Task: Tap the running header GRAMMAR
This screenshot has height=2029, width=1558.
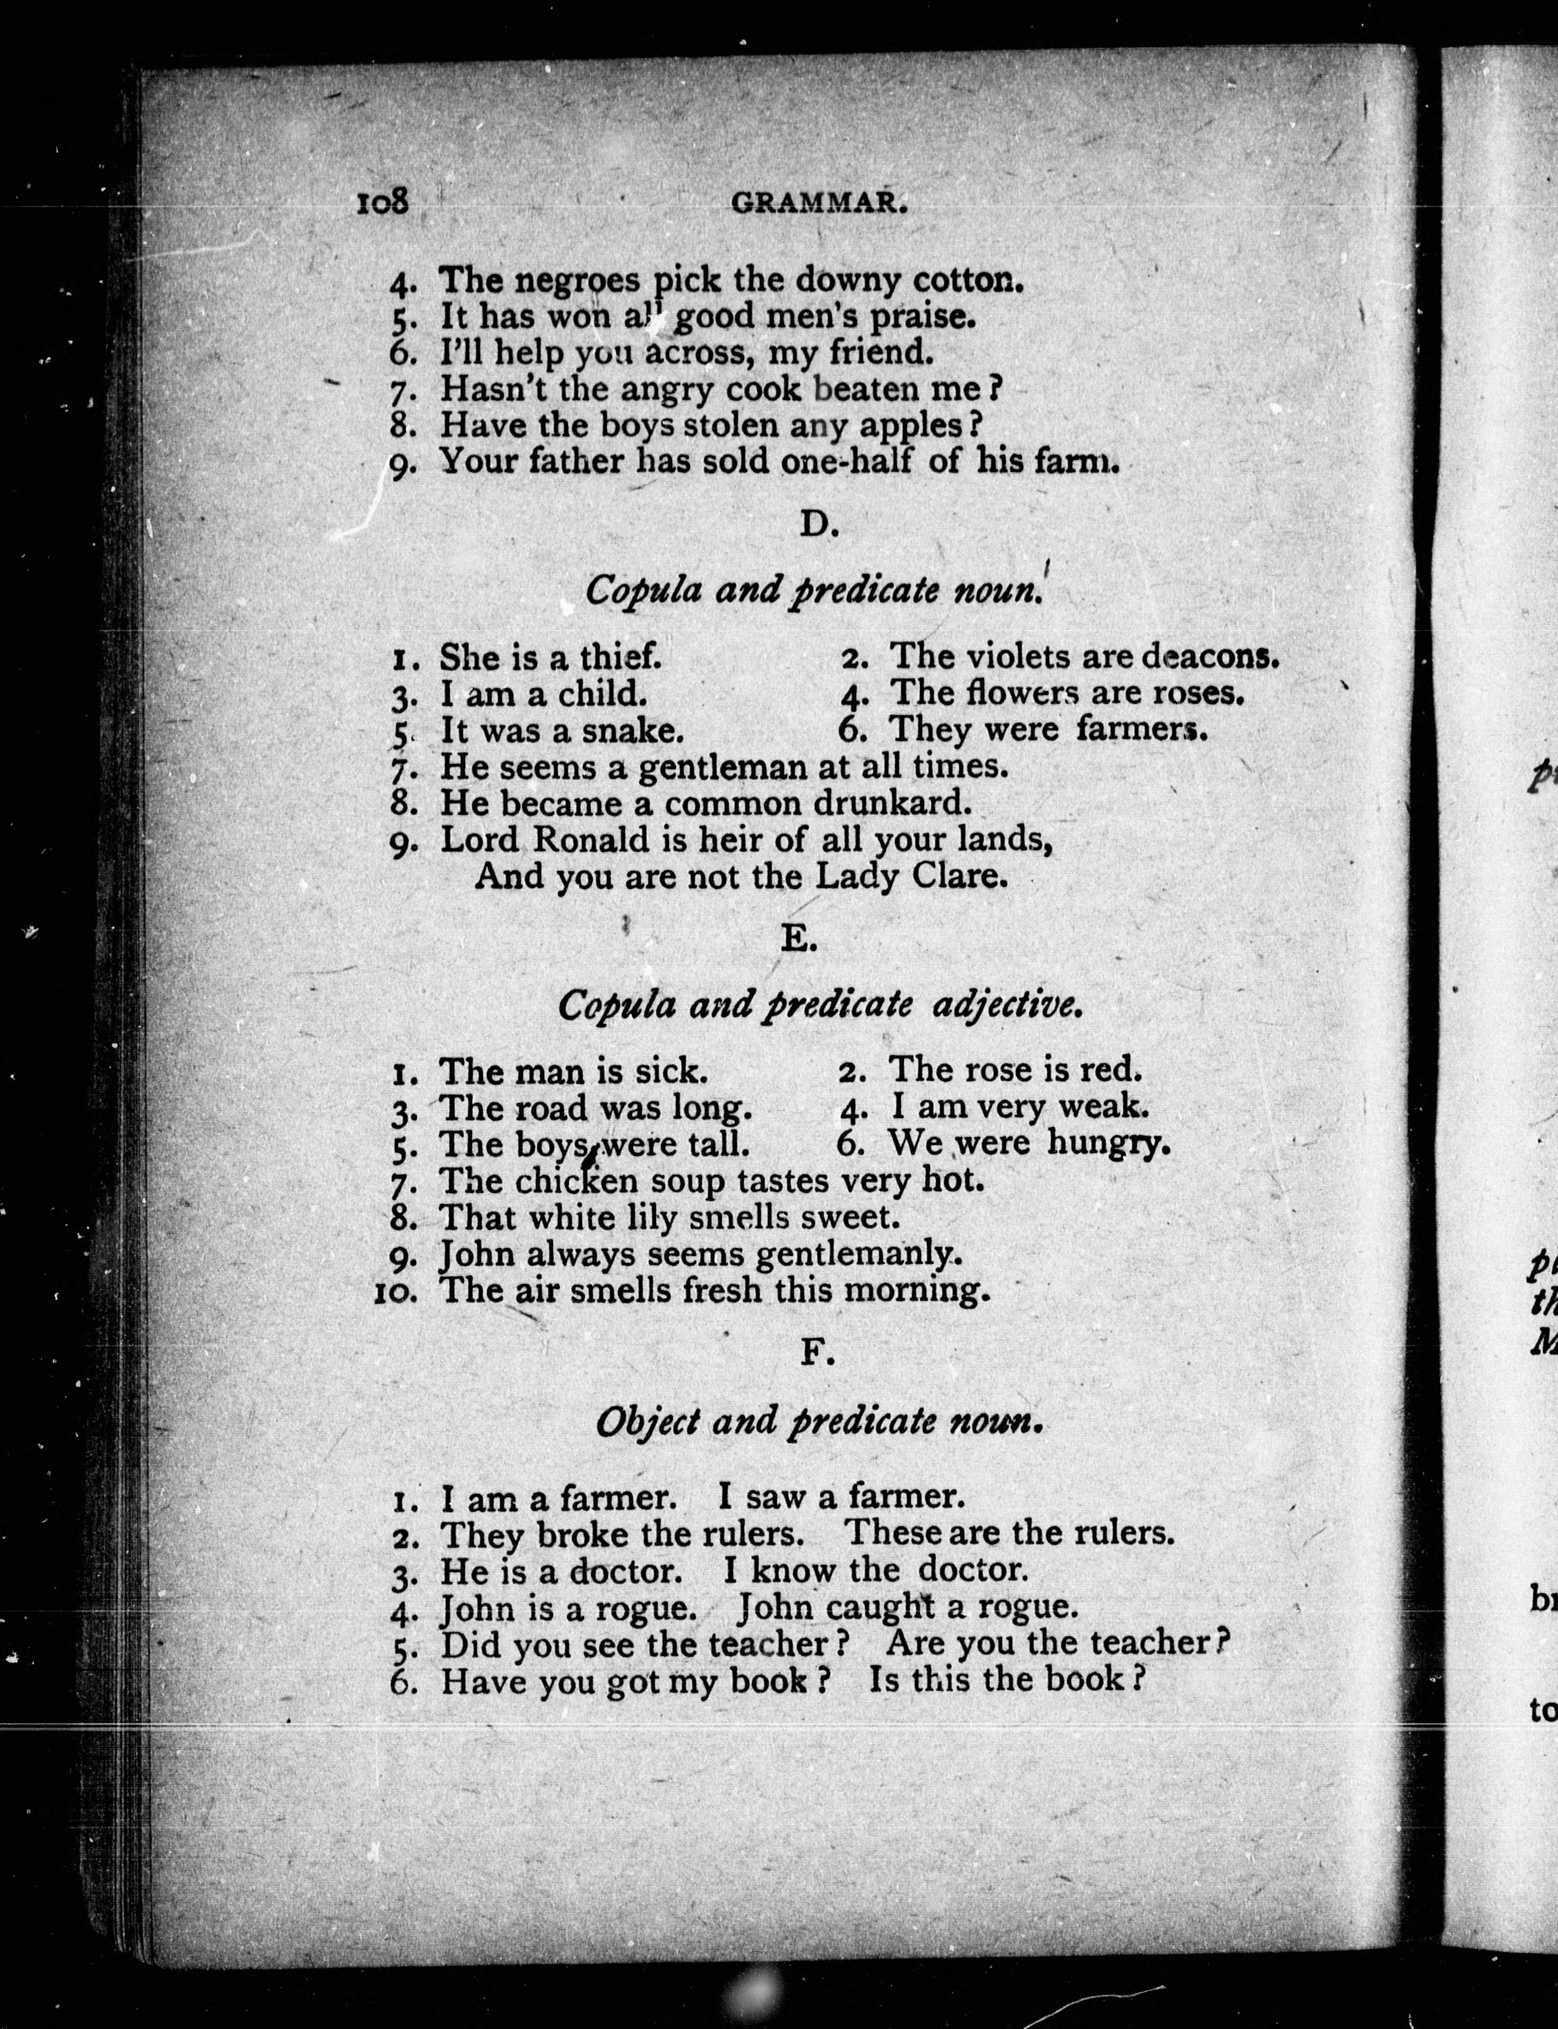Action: (x=819, y=204)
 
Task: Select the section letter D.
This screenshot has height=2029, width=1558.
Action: (x=818, y=525)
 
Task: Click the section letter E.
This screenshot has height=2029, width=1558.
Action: (x=798, y=940)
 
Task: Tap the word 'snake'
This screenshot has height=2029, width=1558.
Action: (x=632, y=731)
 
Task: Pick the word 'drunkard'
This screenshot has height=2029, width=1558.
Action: (x=892, y=803)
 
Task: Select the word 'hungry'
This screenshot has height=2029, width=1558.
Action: (x=1109, y=1143)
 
